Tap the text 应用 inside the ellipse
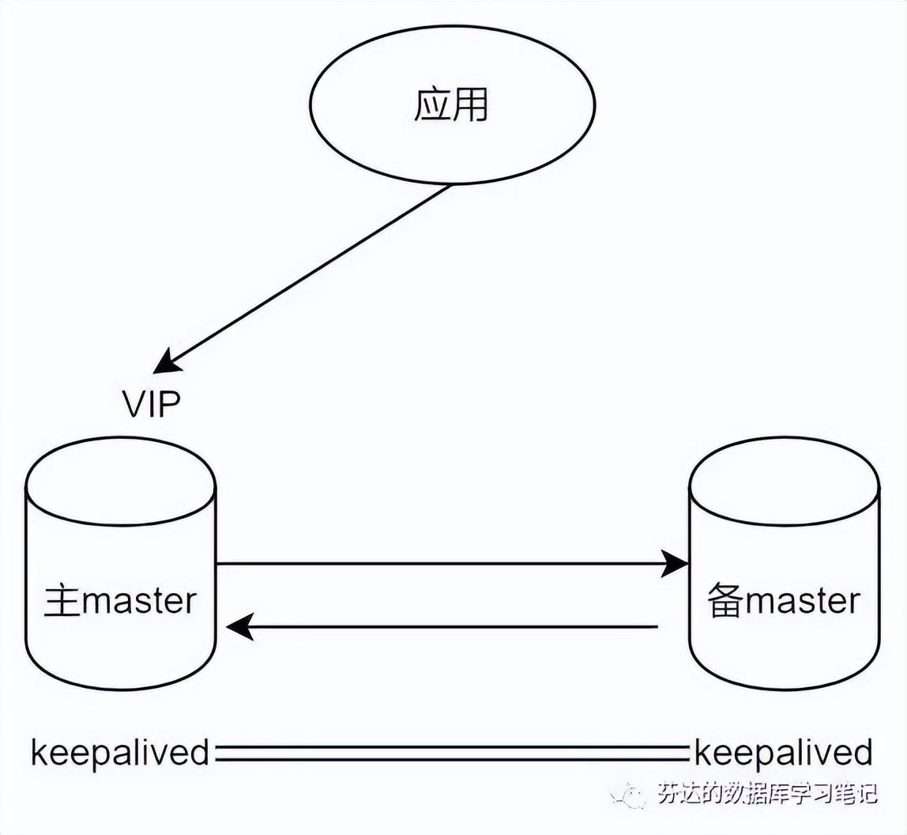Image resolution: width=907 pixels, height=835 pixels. [451, 105]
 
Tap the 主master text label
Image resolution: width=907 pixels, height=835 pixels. [120, 600]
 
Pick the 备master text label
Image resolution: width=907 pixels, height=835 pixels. [784, 600]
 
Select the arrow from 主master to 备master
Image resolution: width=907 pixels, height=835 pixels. [453, 563]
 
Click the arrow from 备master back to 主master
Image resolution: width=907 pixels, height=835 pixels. [442, 626]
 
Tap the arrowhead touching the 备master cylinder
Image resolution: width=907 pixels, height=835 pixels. [675, 563]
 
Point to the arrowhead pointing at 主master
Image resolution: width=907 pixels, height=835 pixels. [241, 626]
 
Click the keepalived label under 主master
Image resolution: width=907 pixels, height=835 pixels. [120, 753]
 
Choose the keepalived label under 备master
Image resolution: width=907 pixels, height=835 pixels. [783, 753]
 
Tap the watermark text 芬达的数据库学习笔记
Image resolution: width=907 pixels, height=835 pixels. [768, 794]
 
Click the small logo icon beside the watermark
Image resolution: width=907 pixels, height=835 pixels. [627, 795]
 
